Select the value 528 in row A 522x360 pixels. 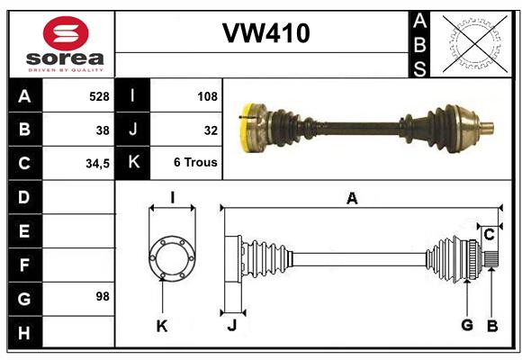(98, 95)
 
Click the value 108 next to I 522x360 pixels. (207, 95)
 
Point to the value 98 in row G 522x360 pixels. (102, 297)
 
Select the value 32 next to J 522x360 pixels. (211, 130)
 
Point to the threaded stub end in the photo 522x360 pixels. (487, 125)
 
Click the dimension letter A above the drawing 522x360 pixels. (352, 199)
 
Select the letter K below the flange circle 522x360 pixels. (162, 326)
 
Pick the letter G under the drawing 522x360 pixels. (467, 326)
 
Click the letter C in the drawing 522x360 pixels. (489, 235)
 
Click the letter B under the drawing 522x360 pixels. (491, 326)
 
